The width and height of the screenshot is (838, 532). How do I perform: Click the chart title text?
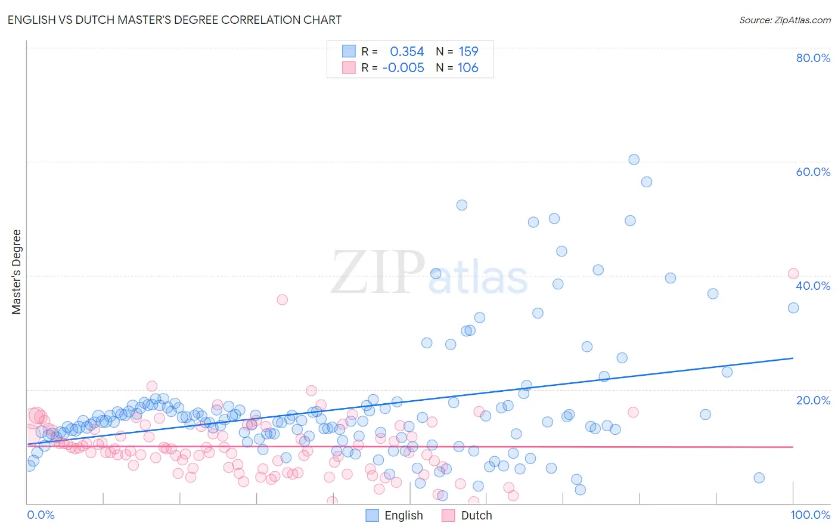174,20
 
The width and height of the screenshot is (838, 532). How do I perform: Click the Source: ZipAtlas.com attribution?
784,20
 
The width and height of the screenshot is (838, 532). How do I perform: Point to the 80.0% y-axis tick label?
813,58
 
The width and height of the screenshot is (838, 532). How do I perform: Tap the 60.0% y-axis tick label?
813,172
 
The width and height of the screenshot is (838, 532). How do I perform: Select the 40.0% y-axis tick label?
813,286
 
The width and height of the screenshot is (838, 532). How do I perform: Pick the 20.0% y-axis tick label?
813,400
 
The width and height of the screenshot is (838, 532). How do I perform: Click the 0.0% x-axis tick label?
41,515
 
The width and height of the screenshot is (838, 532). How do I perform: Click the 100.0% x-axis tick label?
810,515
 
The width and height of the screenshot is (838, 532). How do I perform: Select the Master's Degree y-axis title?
17,272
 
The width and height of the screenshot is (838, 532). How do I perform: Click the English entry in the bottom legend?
404,515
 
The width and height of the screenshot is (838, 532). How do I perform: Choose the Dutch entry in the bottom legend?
476,515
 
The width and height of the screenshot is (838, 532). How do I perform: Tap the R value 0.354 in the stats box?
406,52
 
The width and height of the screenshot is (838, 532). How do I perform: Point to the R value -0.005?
404,68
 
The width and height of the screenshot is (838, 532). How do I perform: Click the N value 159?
468,52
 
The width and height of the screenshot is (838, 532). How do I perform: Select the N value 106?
468,68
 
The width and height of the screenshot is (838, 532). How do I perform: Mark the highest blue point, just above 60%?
634,160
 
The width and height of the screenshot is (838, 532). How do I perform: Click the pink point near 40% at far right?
793,274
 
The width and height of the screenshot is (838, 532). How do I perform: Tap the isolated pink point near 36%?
283,299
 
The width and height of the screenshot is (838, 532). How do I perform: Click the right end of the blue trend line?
793,358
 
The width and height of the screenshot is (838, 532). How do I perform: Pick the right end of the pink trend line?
793,447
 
